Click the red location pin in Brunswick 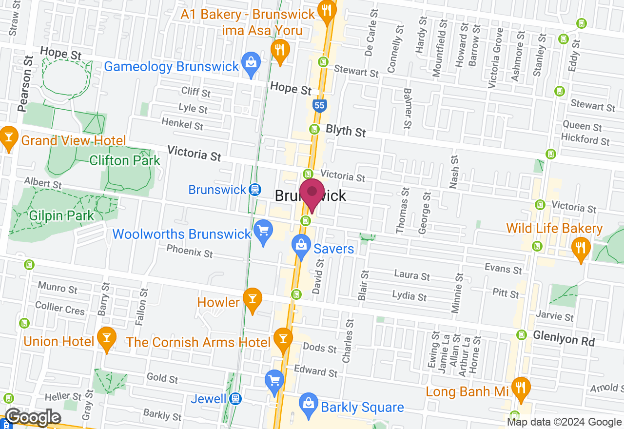click(312, 194)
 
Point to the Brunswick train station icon click(254, 190)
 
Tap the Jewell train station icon click(235, 399)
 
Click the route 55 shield click(319, 105)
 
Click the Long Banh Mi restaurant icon click(521, 388)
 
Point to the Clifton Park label click(125, 160)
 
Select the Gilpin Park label click(61, 215)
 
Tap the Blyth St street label click(346, 131)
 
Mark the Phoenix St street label click(190, 251)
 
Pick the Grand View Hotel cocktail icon click(9, 137)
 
